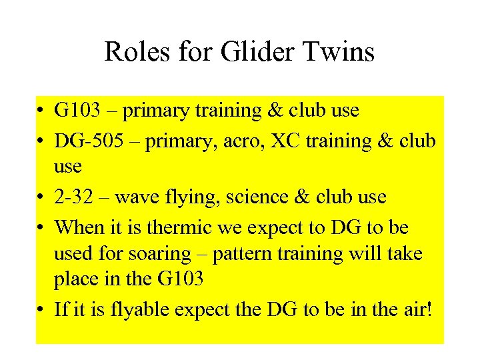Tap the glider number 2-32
[x=71, y=197]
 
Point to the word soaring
[x=176, y=255]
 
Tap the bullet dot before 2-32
[x=42, y=198]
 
